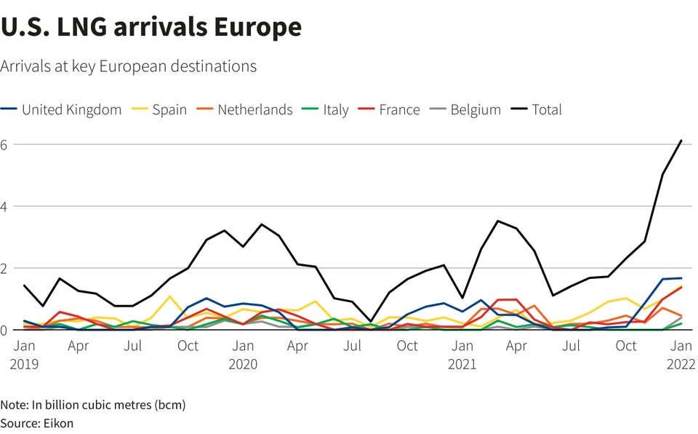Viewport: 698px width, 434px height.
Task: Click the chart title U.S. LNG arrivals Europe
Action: pos(151,27)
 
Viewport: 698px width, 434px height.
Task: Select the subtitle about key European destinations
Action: pos(128,66)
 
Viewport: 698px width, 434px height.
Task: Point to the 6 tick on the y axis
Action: pos(4,144)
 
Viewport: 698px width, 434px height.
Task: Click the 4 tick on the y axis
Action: pos(4,206)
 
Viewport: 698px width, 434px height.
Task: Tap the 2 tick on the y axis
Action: pos(4,268)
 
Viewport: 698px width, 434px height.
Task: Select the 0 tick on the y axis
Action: pos(4,330)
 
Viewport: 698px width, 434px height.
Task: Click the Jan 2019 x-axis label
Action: pos(24,355)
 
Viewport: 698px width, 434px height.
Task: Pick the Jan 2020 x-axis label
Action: pos(244,355)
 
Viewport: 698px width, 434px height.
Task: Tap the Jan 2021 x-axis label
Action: pos(462,355)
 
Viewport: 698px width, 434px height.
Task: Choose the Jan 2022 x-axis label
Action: pos(681,355)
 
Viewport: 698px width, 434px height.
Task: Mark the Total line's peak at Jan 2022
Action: pos(681,140)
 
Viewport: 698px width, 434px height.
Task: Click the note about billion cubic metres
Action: pos(93,404)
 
